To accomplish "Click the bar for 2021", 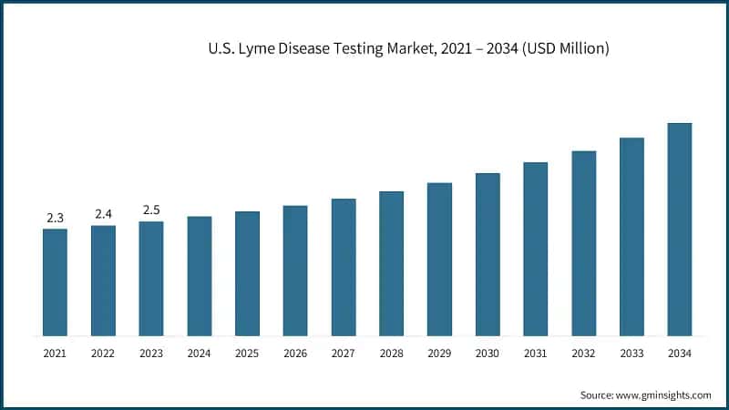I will click(x=55, y=282).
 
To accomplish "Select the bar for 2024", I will click(x=200, y=275).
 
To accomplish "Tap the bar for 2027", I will click(x=344, y=266).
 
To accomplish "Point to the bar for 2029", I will click(x=439, y=259).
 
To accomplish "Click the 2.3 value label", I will click(x=55, y=218).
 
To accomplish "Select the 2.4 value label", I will click(x=103, y=214).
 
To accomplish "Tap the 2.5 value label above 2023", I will click(x=151, y=210).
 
